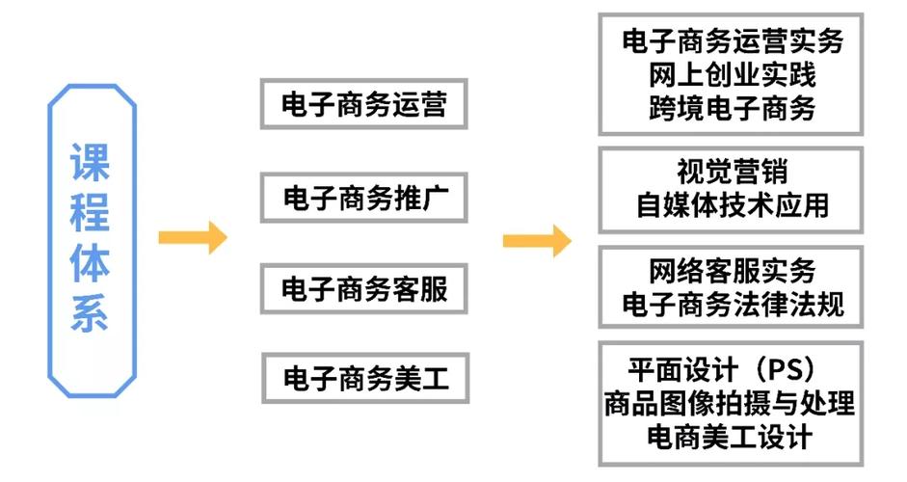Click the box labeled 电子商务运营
(x=363, y=104)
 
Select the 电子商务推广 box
(x=363, y=199)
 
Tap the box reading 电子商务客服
(x=363, y=288)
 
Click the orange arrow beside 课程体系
(x=192, y=236)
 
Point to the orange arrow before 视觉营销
(x=536, y=241)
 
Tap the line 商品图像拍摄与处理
(x=730, y=403)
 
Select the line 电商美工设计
(x=732, y=436)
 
